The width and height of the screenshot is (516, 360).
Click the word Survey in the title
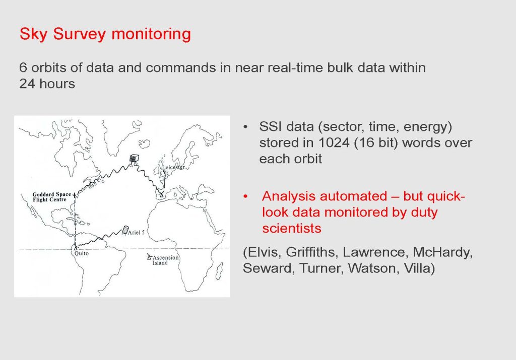[79, 34]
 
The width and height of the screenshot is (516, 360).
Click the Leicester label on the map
[173, 167]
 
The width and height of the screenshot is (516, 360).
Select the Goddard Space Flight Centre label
[52, 197]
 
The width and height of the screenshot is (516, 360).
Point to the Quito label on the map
[81, 253]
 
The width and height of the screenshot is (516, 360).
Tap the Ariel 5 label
[136, 233]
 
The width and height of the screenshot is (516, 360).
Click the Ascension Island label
[165, 260]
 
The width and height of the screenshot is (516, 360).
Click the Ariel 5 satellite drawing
[125, 230]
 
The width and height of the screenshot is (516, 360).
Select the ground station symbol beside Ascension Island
[149, 257]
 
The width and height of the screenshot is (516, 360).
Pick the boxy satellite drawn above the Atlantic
[134, 158]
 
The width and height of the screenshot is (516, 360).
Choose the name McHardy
[442, 252]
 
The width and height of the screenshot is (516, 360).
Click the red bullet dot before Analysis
[245, 196]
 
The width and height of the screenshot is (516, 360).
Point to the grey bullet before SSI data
[245, 127]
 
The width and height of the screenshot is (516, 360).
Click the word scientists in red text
[292, 228]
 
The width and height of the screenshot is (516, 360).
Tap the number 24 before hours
[27, 84]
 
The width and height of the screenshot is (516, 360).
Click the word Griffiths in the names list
[312, 252]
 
